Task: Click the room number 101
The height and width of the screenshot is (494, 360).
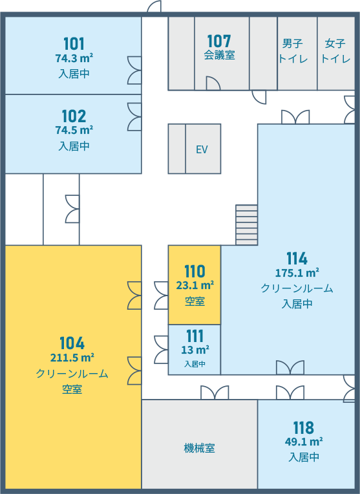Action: tap(74, 44)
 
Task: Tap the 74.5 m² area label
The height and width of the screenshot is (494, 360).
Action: tap(74, 130)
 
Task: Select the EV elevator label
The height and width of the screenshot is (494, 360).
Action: tap(202, 149)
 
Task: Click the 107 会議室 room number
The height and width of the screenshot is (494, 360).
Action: tap(219, 41)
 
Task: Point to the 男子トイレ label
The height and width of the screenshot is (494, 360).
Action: tap(293, 51)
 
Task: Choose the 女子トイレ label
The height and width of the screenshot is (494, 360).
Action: tap(335, 51)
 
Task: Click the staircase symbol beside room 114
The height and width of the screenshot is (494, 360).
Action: tap(247, 225)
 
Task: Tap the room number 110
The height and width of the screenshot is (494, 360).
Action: tap(195, 272)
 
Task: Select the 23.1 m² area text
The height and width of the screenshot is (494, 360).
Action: tap(195, 285)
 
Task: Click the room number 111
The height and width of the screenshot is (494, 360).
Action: tap(195, 336)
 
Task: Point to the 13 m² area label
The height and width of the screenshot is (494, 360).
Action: tap(195, 350)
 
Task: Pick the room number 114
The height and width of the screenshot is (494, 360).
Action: tap(297, 259)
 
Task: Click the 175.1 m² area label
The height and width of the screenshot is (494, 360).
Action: tap(297, 272)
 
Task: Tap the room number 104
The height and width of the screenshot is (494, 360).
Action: tap(72, 343)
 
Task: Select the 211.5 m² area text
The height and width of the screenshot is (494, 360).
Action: tap(72, 358)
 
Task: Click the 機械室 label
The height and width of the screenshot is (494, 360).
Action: tap(199, 448)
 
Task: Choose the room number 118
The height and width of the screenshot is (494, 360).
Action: tap(304, 428)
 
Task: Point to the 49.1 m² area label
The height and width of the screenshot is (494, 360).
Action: tap(304, 442)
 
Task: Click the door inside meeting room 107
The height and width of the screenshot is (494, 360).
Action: tap(213, 83)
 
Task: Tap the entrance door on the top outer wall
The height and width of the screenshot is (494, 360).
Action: tap(154, 6)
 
